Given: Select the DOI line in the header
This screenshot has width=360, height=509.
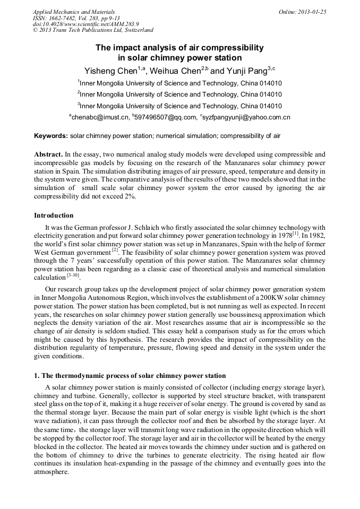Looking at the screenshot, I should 85,24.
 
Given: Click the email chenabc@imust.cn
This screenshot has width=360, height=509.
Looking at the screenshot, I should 100,117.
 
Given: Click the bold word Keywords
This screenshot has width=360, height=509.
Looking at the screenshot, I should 50,136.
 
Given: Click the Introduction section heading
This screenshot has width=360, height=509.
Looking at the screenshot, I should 54,215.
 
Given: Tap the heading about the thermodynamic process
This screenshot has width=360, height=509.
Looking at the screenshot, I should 130,376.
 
